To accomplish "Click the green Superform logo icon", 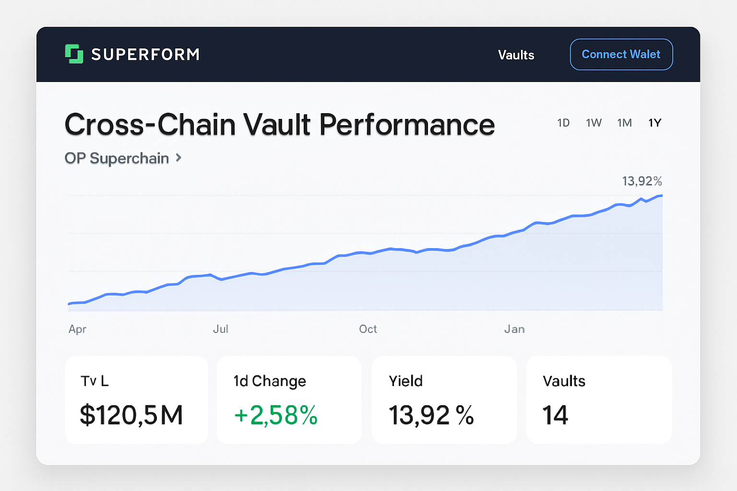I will [x=74, y=54].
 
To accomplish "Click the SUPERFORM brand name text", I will [x=145, y=55].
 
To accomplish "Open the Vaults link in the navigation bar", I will [x=516, y=55].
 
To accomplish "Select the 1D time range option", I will [x=563, y=123].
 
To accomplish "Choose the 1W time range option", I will [x=594, y=123].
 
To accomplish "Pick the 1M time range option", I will [x=624, y=123].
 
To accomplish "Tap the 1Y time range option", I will [x=655, y=123].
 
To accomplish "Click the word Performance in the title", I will [x=407, y=125].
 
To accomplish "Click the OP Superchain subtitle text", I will [x=117, y=158].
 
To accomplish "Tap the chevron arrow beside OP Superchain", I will [x=178, y=158].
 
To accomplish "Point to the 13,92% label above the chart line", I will [x=642, y=181].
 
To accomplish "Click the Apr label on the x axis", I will [x=77, y=329].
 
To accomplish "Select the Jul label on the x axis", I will [x=221, y=329].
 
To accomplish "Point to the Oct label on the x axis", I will [x=368, y=329].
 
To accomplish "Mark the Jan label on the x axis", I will [x=514, y=329].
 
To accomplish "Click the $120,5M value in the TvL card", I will [x=131, y=415].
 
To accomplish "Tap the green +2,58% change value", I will [x=276, y=415].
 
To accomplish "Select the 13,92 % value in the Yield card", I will [x=431, y=415].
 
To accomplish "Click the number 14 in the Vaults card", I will [x=555, y=415].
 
